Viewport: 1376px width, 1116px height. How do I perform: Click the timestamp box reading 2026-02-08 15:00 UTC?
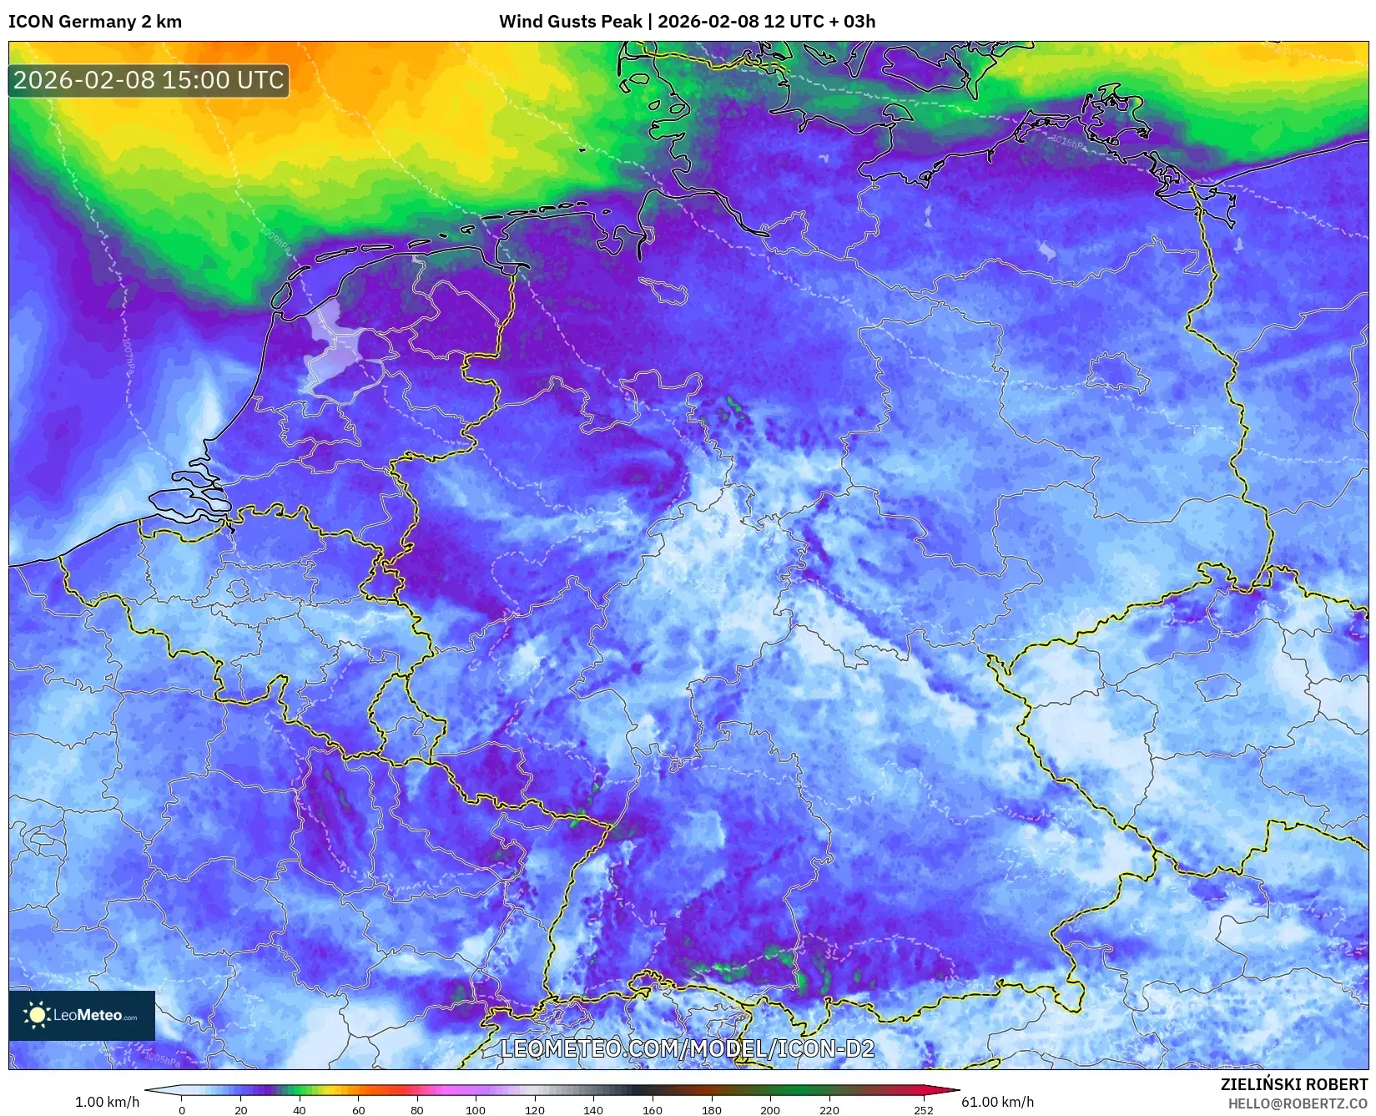point(149,80)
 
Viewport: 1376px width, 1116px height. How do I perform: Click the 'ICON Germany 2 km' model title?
point(95,22)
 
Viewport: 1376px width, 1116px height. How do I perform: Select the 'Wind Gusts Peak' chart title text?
point(571,22)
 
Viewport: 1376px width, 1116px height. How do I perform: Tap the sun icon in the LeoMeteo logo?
point(37,1015)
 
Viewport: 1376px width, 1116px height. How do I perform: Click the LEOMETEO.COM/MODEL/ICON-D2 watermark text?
point(688,1049)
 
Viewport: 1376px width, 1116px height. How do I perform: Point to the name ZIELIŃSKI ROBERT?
point(1294,1085)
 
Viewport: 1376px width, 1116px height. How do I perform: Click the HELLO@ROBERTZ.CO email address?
point(1298,1103)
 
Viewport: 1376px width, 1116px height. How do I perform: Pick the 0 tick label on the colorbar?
point(182,1110)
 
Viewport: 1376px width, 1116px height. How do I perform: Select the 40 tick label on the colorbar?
point(300,1110)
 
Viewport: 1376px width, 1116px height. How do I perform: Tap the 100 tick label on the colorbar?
point(476,1110)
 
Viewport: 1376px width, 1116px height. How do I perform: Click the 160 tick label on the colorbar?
point(653,1110)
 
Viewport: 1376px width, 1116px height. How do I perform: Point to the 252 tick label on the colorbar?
point(924,1110)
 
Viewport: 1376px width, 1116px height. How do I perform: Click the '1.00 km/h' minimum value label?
point(108,1102)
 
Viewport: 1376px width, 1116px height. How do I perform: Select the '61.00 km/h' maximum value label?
point(998,1102)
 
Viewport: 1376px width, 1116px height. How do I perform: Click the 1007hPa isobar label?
point(128,355)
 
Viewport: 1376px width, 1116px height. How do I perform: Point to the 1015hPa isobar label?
point(1068,143)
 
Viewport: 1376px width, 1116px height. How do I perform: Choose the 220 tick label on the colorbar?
point(829,1110)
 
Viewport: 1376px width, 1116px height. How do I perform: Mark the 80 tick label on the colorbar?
point(417,1110)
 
